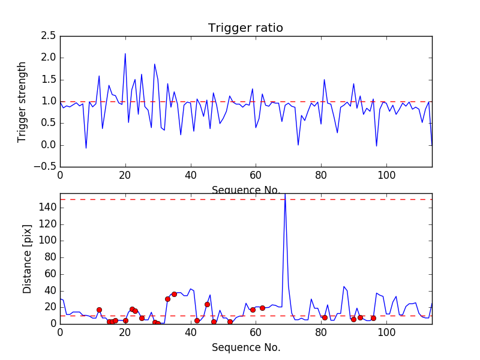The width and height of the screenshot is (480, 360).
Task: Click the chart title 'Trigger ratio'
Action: [x=245, y=28]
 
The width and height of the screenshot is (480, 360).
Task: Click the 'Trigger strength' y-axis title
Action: [x=22, y=101]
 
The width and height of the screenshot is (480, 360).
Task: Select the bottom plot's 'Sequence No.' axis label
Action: [x=245, y=347]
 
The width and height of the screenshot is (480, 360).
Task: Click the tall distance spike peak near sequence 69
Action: [x=284, y=194]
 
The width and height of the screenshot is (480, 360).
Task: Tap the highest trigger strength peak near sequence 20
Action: [x=125, y=54]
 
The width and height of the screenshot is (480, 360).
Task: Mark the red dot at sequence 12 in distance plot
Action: [x=99, y=310]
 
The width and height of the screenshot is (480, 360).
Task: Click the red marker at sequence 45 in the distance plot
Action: [x=207, y=304]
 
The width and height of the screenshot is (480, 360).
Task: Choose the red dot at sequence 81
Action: [x=325, y=317]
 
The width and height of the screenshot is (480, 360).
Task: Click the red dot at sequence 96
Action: [x=373, y=318]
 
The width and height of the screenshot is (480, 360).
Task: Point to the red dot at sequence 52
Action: [x=230, y=322]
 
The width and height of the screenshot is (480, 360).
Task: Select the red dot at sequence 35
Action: [x=174, y=294]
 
